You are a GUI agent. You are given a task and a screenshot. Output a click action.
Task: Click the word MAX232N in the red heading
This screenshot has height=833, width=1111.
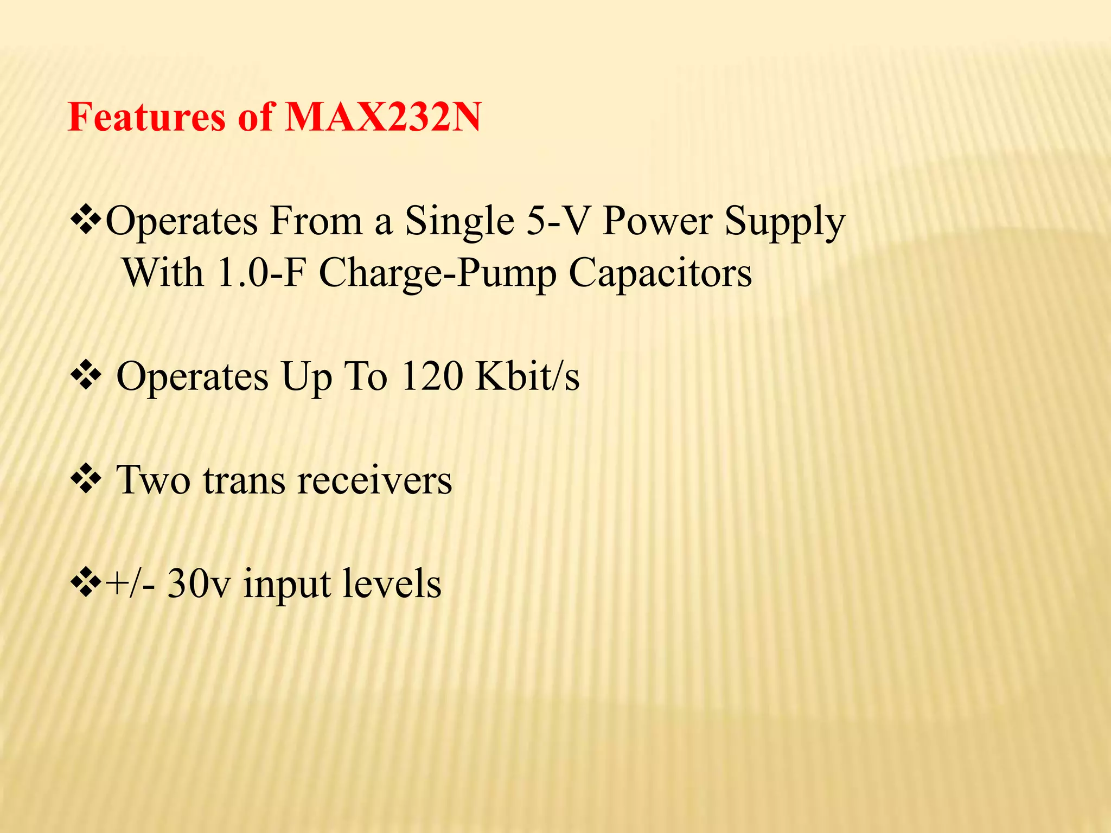tap(382, 117)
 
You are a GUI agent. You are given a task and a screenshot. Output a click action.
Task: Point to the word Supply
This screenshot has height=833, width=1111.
tap(784, 222)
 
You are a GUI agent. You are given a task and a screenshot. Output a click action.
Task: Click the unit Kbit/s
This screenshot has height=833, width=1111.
tap(527, 376)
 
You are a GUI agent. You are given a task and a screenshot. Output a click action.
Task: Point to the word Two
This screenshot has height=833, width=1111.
tap(154, 480)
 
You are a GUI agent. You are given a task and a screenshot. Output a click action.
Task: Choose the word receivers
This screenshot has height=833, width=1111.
tap(375, 480)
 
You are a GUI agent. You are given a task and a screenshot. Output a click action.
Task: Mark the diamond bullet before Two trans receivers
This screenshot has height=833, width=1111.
tap(86, 479)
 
